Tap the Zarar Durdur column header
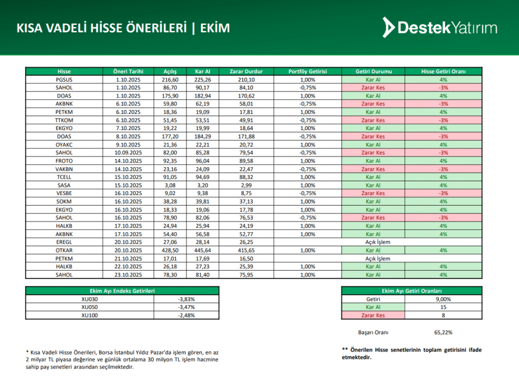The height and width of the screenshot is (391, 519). click(245, 72)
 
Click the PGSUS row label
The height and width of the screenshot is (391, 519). click(64, 80)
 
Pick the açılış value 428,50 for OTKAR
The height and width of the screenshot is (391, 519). click(170, 250)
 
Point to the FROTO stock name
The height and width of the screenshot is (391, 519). click(64, 161)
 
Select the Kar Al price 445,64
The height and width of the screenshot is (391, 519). click(202, 250)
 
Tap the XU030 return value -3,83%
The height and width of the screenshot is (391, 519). click(186, 299)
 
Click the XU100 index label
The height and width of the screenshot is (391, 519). click(89, 315)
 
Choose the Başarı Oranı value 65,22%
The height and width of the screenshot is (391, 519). click(443, 333)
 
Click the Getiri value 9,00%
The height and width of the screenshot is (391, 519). click(443, 299)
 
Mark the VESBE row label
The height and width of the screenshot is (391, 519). click(64, 193)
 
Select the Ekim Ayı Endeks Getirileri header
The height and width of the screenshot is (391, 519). click(122, 291)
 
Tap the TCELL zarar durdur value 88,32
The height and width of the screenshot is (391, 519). click(245, 177)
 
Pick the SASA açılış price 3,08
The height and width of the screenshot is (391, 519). click(170, 185)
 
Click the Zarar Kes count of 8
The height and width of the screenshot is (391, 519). click(443, 315)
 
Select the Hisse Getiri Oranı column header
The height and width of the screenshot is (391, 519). click(443, 72)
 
